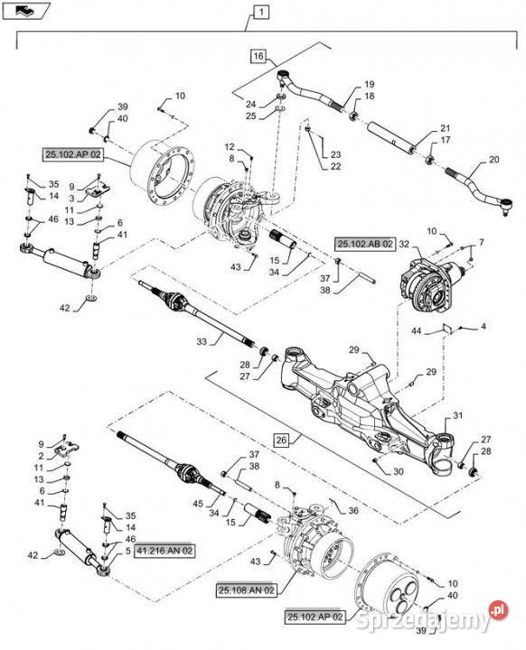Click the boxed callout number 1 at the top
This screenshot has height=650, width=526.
(x=261, y=12)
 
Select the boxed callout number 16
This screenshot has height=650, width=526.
(x=258, y=56)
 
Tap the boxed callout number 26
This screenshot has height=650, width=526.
(x=281, y=440)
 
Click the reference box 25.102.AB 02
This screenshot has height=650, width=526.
(x=365, y=244)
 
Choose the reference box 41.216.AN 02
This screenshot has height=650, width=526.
(x=164, y=551)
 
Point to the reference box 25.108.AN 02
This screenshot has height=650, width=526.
(x=247, y=590)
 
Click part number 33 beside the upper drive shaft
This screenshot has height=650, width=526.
(x=202, y=342)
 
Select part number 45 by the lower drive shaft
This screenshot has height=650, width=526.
(x=198, y=503)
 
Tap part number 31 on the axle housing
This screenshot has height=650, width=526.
(x=457, y=415)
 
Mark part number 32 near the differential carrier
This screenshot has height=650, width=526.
(x=404, y=244)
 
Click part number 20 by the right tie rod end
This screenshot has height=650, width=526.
(x=494, y=159)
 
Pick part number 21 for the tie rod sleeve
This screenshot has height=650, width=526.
(x=445, y=128)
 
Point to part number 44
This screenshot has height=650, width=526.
(x=417, y=330)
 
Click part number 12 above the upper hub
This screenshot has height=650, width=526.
(x=230, y=147)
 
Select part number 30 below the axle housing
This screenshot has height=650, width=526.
(x=399, y=471)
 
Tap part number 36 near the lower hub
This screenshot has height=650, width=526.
(x=353, y=510)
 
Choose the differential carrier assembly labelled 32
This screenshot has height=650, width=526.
(x=432, y=285)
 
